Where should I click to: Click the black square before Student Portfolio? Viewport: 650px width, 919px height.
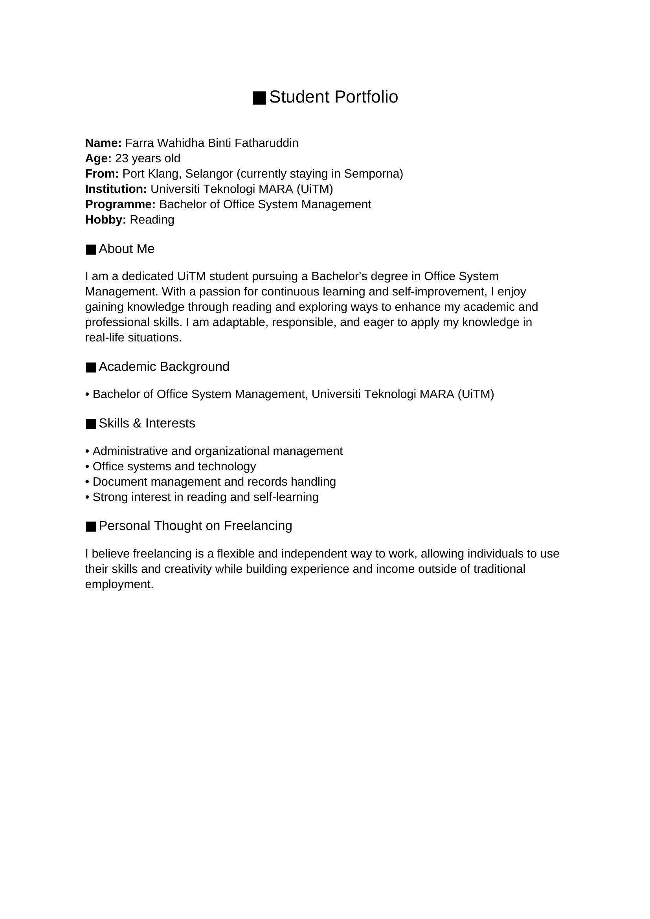259,98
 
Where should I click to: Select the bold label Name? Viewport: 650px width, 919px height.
103,143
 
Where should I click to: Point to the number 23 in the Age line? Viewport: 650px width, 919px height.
121,158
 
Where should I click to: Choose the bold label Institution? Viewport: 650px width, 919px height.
116,189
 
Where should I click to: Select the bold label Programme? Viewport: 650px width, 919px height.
121,204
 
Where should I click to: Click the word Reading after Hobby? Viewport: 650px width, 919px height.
152,220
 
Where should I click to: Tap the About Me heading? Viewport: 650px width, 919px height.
127,249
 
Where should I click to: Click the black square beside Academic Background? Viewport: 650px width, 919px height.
91,367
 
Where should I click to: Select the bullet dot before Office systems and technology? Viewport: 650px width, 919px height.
87,467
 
